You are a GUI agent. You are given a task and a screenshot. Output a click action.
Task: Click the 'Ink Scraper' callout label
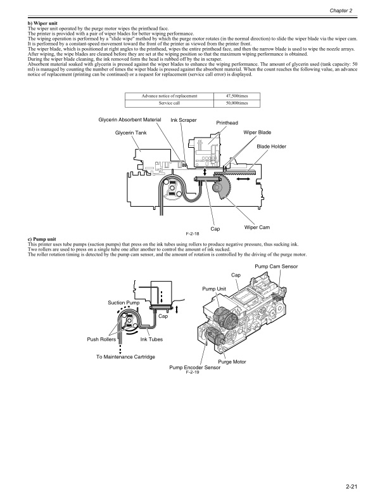(184, 120)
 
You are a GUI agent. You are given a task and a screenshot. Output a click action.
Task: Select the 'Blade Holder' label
(271, 146)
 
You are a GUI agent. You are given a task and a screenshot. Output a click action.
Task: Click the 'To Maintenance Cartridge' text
(125, 357)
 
